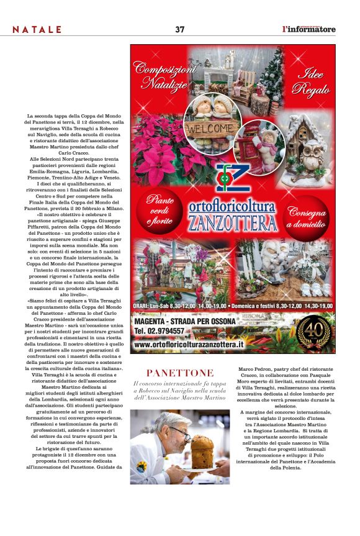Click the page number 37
tap(180, 29)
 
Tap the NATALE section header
tap(37, 30)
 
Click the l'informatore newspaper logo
tap(308, 29)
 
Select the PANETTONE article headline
tap(180, 373)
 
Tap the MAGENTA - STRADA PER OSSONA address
tap(185, 321)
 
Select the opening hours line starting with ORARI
tap(233, 306)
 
